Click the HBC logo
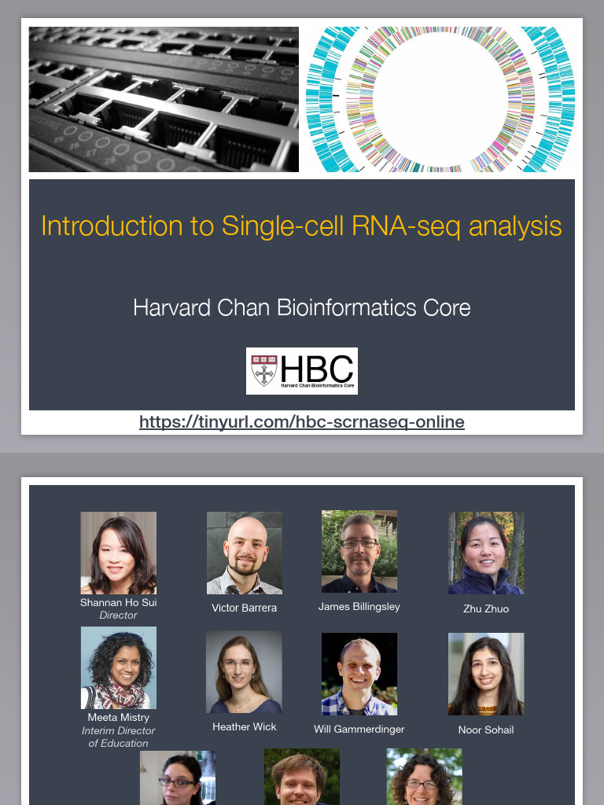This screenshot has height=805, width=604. [x=302, y=370]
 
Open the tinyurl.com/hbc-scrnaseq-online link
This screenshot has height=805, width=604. [x=302, y=422]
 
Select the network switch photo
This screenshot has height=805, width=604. [x=164, y=99]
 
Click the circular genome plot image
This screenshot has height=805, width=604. [x=440, y=99]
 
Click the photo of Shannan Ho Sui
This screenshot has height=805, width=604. [x=118, y=553]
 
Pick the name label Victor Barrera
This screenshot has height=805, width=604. [x=244, y=608]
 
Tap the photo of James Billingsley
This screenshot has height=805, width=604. [x=359, y=551]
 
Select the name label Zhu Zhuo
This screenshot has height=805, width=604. [x=486, y=608]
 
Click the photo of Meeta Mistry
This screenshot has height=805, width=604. [x=118, y=667]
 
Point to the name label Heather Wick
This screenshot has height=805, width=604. [x=244, y=726]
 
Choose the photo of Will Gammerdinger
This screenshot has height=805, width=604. [x=359, y=674]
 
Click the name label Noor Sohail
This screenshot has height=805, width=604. [x=486, y=730]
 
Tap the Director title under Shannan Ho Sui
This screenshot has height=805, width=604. [x=118, y=616]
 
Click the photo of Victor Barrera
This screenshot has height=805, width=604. [x=244, y=553]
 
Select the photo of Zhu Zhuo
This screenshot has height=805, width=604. [x=486, y=553]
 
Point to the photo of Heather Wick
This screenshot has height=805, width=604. [x=244, y=672]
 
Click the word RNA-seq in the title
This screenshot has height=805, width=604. [x=407, y=226]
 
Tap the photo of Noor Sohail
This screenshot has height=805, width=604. [x=486, y=674]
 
